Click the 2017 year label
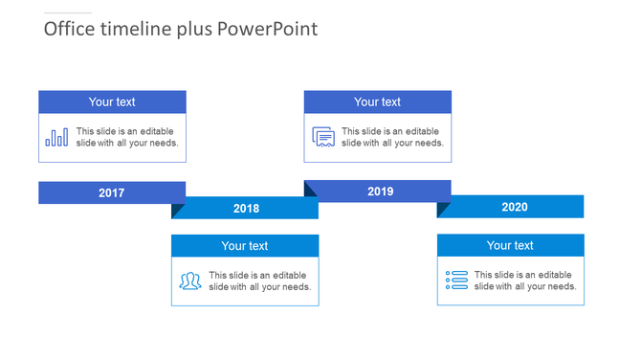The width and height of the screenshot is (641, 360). click(112, 193)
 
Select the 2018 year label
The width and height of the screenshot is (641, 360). click(246, 209)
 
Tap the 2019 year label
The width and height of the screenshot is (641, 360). click(380, 191)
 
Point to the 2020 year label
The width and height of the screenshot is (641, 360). click(514, 207)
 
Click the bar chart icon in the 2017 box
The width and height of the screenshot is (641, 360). click(56, 138)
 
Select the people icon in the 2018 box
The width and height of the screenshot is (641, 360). click(189, 281)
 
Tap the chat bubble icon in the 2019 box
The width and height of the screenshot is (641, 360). click(323, 137)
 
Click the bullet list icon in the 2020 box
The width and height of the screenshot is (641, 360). click(456, 281)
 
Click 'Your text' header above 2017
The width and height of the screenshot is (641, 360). click(112, 102)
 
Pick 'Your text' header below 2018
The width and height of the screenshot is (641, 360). click(245, 246)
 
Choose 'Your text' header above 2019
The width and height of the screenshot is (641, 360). click(378, 102)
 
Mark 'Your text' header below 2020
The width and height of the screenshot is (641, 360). click(510, 246)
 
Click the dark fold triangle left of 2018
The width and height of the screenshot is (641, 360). click(176, 209)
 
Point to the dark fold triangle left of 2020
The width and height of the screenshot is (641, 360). click(442, 209)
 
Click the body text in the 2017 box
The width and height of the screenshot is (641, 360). click(126, 137)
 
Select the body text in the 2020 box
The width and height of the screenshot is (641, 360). click(524, 281)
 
